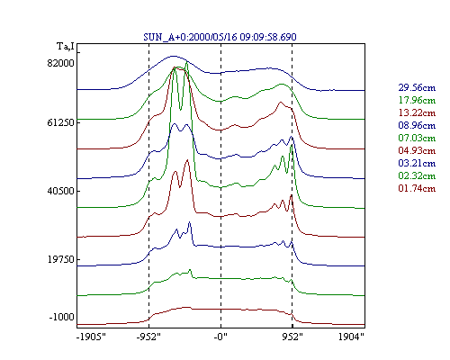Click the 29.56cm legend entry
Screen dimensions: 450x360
coord(417,87)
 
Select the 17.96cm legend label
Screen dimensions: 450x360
coord(417,100)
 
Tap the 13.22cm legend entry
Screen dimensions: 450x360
coord(417,112)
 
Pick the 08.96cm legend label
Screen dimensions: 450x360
coord(417,125)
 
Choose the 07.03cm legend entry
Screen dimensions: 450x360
coord(417,138)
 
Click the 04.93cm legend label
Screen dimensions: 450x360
coord(417,150)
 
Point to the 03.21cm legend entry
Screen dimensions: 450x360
coord(417,163)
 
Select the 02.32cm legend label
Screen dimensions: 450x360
coord(417,175)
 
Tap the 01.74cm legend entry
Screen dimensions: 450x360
coord(417,188)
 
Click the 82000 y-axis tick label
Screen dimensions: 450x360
coord(60,63)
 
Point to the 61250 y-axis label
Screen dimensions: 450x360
coord(60,122)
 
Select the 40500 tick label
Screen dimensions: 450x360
coord(60,191)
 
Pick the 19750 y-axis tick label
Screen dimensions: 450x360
coord(60,259)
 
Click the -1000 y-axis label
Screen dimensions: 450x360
coord(61,317)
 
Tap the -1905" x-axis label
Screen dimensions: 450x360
coord(92,337)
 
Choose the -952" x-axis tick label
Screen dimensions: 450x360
coord(148,337)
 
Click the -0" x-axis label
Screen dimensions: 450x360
coord(220,337)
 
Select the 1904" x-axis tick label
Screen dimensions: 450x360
coord(351,337)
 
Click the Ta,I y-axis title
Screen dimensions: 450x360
coord(66,47)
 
